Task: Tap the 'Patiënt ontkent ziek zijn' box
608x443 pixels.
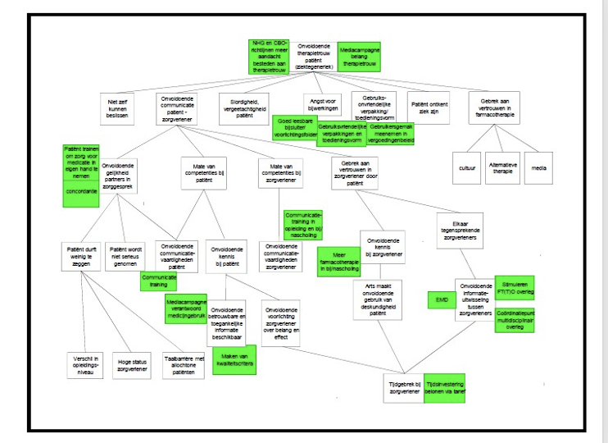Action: [x=429, y=107]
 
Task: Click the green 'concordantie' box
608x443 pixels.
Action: [x=82, y=191]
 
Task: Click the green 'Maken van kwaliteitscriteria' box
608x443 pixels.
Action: [x=235, y=359]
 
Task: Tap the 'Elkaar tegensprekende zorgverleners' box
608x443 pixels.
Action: [x=459, y=225]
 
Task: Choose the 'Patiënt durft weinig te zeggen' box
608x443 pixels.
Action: [x=81, y=255]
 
